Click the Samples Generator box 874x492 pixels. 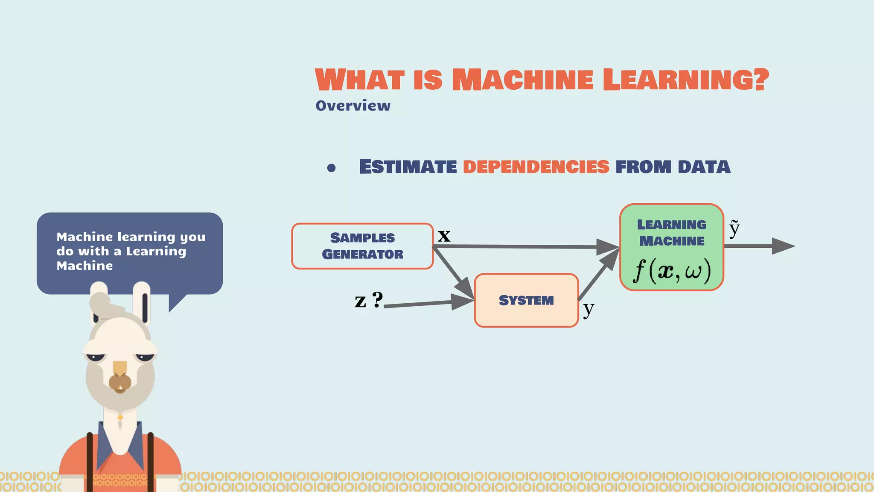[x=362, y=246]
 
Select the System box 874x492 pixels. [x=526, y=300]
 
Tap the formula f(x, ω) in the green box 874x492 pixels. [x=672, y=270]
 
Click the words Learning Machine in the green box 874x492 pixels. [x=672, y=233]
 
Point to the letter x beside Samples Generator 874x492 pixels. [x=444, y=235]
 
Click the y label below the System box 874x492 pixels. [x=588, y=308]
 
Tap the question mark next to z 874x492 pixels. [x=377, y=299]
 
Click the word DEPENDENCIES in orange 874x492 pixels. [x=536, y=167]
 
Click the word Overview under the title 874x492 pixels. [x=353, y=105]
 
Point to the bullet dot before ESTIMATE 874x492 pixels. [x=331, y=168]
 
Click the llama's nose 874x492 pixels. [x=120, y=381]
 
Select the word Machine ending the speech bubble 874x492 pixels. [x=84, y=266]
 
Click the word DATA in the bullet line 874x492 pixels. [x=704, y=167]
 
